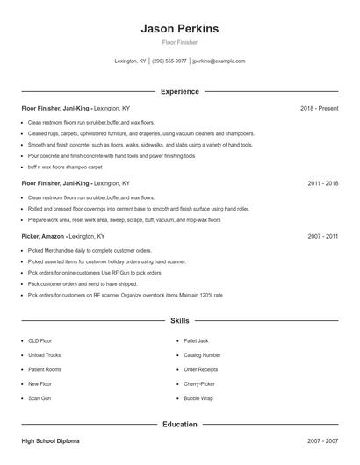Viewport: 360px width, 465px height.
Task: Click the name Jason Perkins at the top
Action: click(179, 29)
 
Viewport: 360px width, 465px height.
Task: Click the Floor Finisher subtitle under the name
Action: click(179, 42)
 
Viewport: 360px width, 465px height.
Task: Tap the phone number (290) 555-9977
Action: click(169, 61)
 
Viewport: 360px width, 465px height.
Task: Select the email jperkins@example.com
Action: click(219, 61)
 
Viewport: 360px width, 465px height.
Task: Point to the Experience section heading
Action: click(179, 91)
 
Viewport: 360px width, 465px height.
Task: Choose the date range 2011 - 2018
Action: click(323, 183)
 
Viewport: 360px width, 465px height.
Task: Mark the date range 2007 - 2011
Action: click(323, 236)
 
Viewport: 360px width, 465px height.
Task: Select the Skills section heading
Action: click(179, 322)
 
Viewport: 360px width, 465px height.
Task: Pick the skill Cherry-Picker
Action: click(199, 383)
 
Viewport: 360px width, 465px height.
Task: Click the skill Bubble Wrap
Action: click(198, 397)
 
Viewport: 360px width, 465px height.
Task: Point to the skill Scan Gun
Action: click(40, 397)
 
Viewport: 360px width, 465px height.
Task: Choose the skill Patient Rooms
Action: click(45, 369)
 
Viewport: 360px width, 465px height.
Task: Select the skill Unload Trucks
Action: click(44, 355)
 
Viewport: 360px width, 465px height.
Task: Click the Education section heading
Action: click(179, 425)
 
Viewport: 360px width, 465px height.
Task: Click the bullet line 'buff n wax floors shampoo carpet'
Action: click(65, 166)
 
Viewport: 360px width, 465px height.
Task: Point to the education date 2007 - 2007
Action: click(323, 441)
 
